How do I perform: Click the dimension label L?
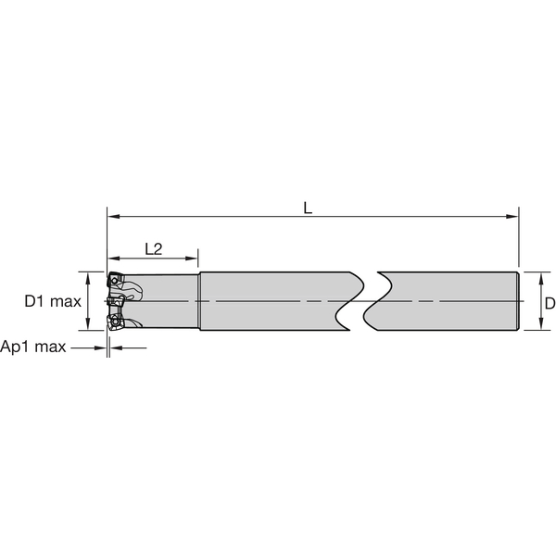[x=309, y=208]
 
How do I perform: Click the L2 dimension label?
[x=154, y=248]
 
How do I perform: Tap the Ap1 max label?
[x=34, y=347]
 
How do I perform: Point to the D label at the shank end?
[x=550, y=303]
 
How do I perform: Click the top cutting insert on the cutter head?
[x=115, y=279]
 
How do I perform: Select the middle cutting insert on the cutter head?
[x=114, y=301]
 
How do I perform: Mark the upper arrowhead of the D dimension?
[x=536, y=276]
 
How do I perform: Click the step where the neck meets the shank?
[x=199, y=301]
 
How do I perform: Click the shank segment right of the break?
[x=445, y=301]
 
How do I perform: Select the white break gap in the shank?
[x=363, y=301]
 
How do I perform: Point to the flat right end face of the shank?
[x=516, y=301]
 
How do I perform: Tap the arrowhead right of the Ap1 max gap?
[x=117, y=347]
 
